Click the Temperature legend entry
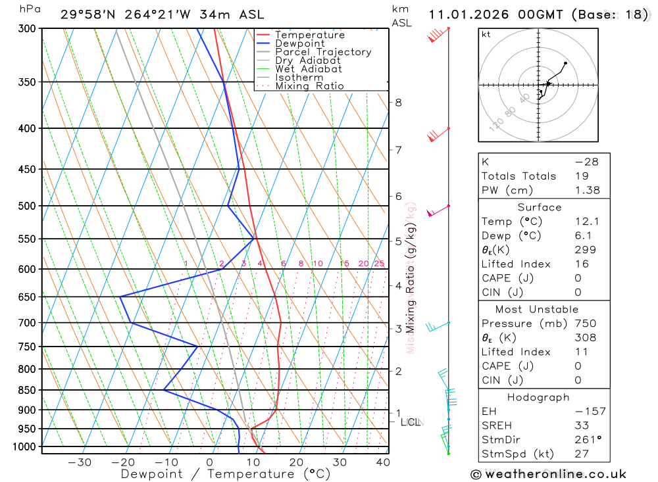point(309,35)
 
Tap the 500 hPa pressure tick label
point(27,206)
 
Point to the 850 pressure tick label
point(27,390)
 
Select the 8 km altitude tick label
point(398,102)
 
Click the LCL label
point(410,422)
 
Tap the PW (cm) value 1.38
point(587,190)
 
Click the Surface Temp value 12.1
point(587,222)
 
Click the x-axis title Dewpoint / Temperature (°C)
point(226,473)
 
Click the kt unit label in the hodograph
point(486,34)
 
